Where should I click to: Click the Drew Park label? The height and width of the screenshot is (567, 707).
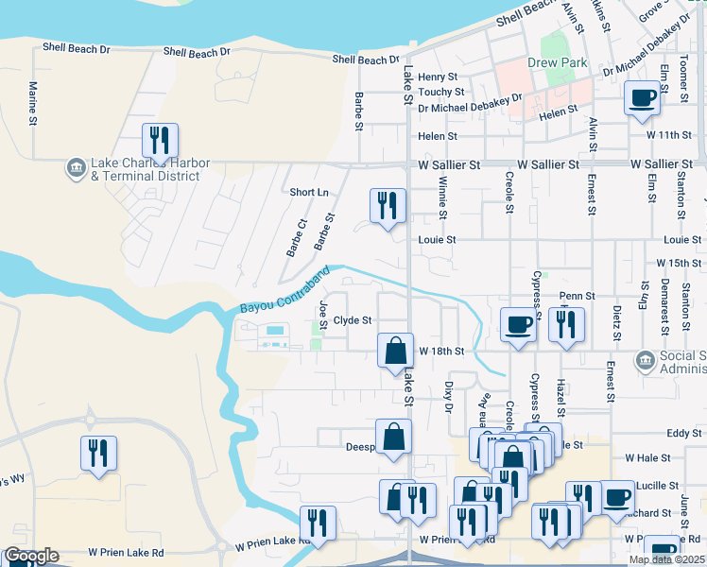click(x=558, y=63)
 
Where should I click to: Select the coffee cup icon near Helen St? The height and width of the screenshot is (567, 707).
click(x=642, y=98)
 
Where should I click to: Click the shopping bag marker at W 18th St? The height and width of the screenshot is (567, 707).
click(x=395, y=351)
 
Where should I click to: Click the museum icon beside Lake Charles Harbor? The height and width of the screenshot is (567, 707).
click(x=75, y=169)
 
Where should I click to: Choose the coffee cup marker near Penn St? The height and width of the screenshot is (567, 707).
click(x=517, y=325)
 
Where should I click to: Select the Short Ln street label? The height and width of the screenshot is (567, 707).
click(x=309, y=192)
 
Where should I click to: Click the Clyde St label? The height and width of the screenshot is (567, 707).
click(x=352, y=320)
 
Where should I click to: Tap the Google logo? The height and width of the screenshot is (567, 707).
click(x=31, y=556)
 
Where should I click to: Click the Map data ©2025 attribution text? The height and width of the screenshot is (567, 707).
click(x=666, y=559)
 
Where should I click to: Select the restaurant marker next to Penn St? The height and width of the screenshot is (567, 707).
click(x=566, y=325)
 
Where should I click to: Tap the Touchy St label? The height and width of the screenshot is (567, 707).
click(x=441, y=93)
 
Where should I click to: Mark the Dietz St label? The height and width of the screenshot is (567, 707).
click(x=616, y=322)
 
